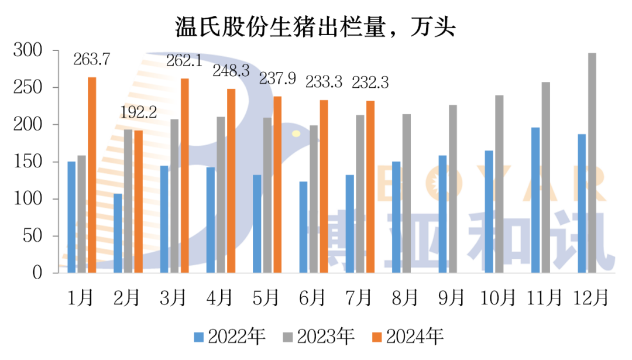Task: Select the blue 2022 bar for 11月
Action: [x=535, y=200]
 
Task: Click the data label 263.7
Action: [x=92, y=59]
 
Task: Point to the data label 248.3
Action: [x=231, y=71]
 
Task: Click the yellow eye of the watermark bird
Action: [x=296, y=134]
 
